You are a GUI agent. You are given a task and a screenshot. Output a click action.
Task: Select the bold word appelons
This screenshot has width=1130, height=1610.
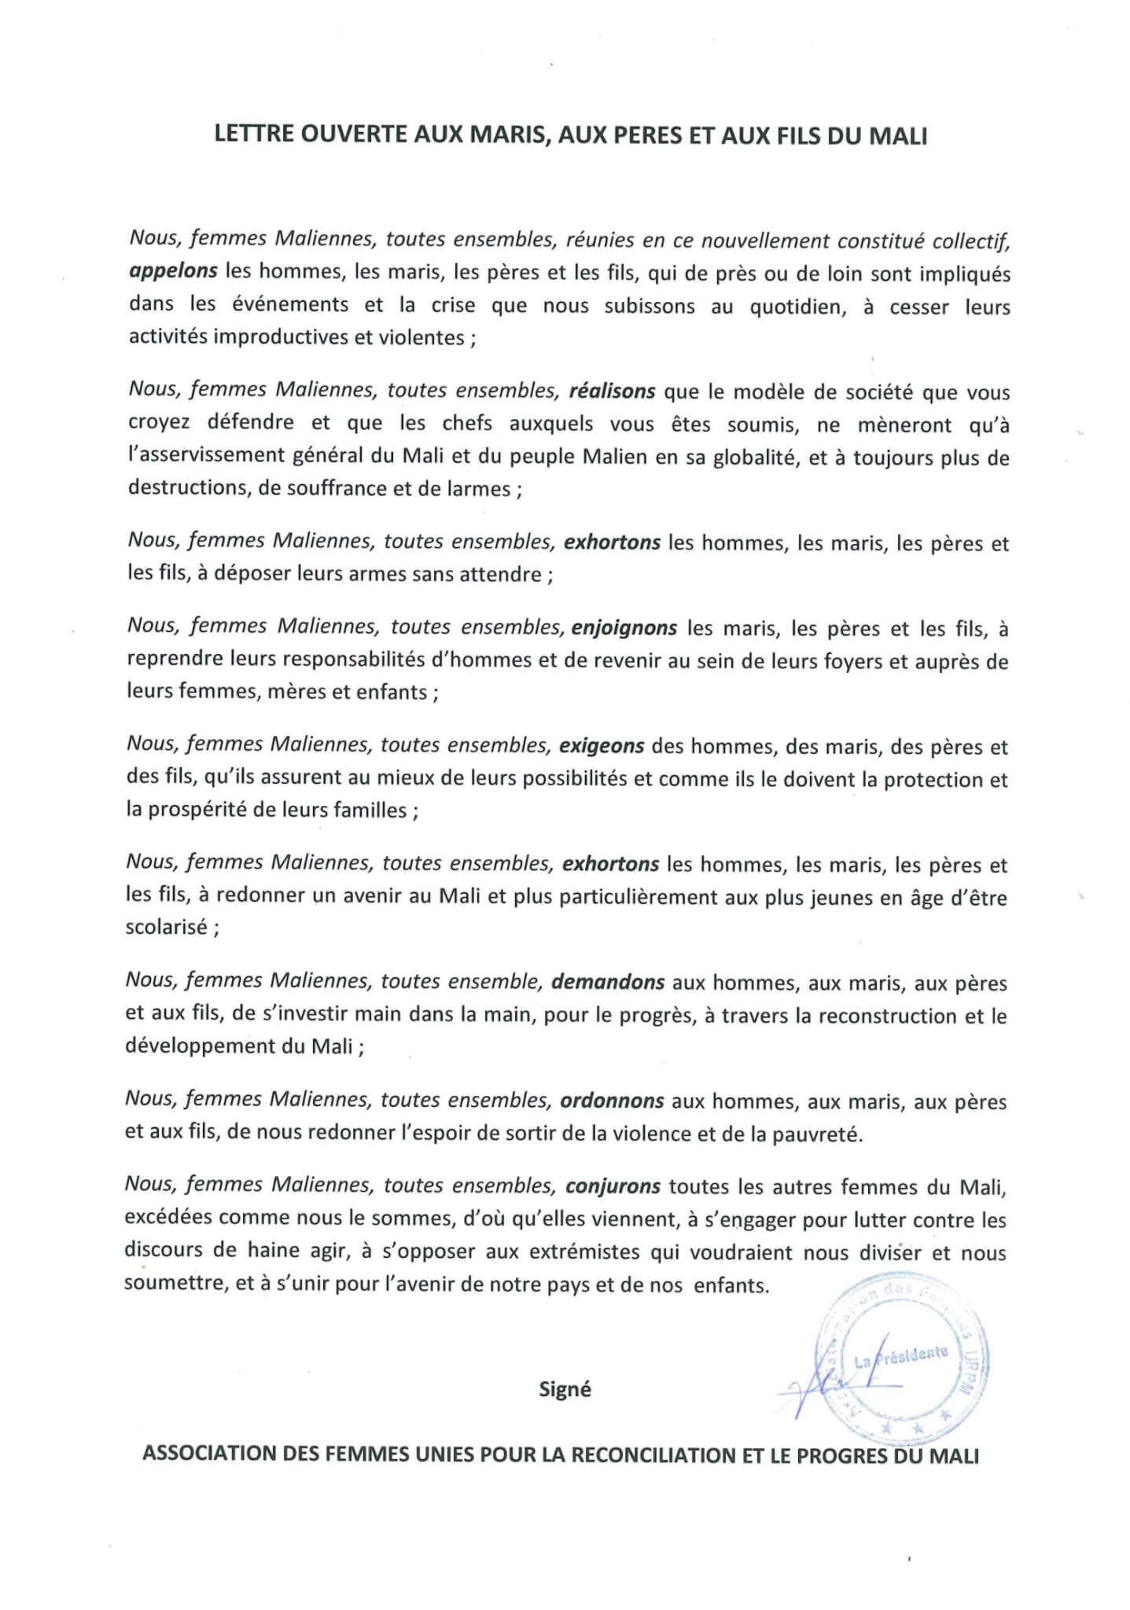173,271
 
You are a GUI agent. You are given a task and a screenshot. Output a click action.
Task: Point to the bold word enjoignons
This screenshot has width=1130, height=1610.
624,627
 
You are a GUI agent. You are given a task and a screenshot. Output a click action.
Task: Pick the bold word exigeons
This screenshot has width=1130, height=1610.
602,745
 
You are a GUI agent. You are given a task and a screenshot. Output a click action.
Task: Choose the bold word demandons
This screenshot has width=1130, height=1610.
608,982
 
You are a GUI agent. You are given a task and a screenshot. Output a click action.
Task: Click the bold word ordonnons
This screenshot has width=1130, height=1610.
612,1101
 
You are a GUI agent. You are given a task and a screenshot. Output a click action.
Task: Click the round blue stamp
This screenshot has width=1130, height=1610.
902,1366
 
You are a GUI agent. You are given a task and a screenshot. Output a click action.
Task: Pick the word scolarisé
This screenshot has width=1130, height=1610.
167,927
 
